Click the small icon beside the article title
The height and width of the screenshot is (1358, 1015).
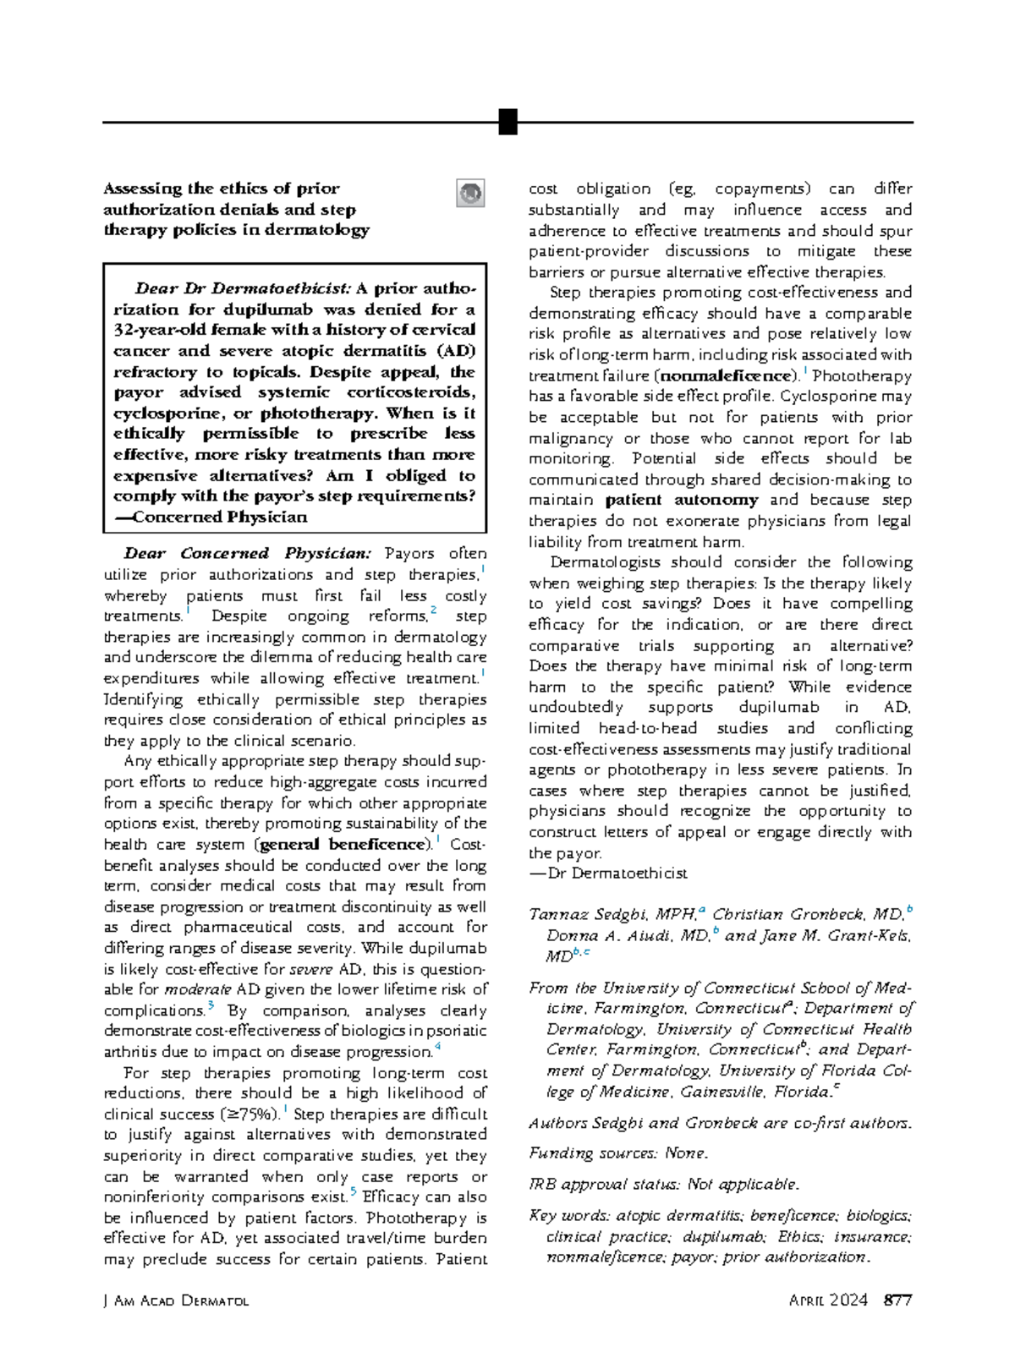click(470, 193)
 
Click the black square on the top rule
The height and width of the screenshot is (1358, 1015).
click(507, 122)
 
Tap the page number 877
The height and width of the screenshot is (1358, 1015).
click(897, 1301)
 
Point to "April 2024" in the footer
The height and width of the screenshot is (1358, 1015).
click(828, 1301)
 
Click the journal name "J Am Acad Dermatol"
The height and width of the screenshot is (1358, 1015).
click(176, 1301)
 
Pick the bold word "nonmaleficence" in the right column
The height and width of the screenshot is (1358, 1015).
click(727, 375)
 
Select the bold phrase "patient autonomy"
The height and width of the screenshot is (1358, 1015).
click(670, 500)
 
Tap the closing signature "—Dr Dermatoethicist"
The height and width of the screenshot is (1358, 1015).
click(608, 873)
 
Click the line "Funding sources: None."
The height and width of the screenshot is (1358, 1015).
click(618, 1153)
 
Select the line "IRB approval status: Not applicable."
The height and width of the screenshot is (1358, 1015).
click(663, 1185)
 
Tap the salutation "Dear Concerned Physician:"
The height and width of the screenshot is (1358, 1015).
click(247, 554)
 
